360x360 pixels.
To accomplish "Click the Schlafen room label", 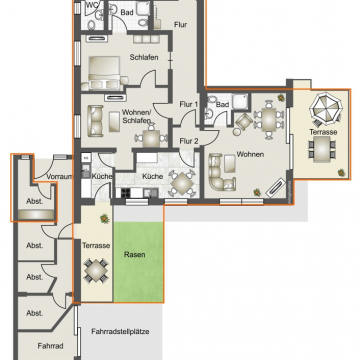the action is point(144,57).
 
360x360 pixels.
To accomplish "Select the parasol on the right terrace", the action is point(326,108).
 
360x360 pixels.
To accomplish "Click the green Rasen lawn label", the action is point(135,255).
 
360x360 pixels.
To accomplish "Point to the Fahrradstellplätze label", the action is point(120,332).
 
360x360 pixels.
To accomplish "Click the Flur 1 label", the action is point(189,104).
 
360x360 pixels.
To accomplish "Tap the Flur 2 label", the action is point(189,141).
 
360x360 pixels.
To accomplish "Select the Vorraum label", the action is point(59,177).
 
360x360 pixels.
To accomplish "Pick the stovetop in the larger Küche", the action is point(126,192).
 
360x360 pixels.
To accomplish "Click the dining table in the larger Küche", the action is point(182,183).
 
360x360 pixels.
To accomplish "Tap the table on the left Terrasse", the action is point(96,270).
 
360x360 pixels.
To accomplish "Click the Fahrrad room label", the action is point(50,346).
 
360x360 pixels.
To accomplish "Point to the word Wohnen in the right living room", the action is point(250,154).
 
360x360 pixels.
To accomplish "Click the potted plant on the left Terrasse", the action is point(105,218).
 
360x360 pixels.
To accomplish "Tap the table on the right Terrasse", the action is point(322,149).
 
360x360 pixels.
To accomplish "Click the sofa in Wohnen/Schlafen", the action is point(96,121).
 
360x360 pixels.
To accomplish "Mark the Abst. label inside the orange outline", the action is point(35,202).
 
